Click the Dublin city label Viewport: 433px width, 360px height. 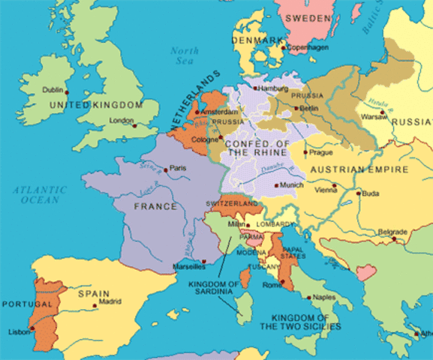tap(53, 89)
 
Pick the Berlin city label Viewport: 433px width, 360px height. tap(308, 108)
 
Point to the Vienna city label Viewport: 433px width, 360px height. tap(327, 190)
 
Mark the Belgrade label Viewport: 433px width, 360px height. tap(392, 231)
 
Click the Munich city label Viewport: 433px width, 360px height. tap(293, 183)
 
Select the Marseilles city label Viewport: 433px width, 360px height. tap(188, 266)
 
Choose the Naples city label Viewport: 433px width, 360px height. tap(323, 297)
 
